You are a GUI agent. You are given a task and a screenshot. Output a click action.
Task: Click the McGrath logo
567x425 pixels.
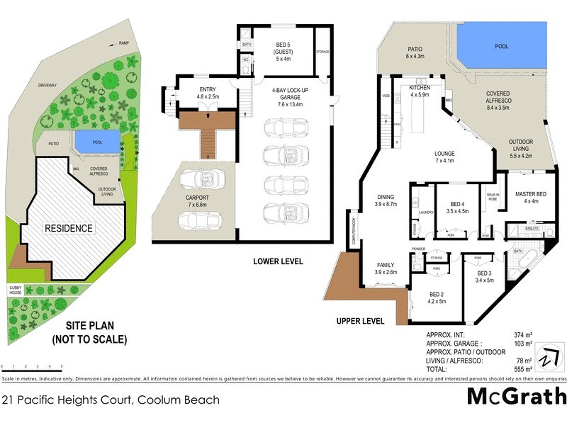click(515, 397)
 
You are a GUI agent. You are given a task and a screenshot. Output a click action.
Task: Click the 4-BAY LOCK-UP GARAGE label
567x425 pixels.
click(287, 96)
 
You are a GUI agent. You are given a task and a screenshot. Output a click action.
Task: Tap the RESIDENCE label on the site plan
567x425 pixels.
click(69, 228)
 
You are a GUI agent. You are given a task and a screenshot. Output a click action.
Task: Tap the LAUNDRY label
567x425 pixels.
click(426, 212)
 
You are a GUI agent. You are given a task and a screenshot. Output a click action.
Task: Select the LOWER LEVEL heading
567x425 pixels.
click(279, 261)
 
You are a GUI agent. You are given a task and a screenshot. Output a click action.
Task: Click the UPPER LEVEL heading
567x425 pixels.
click(360, 321)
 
